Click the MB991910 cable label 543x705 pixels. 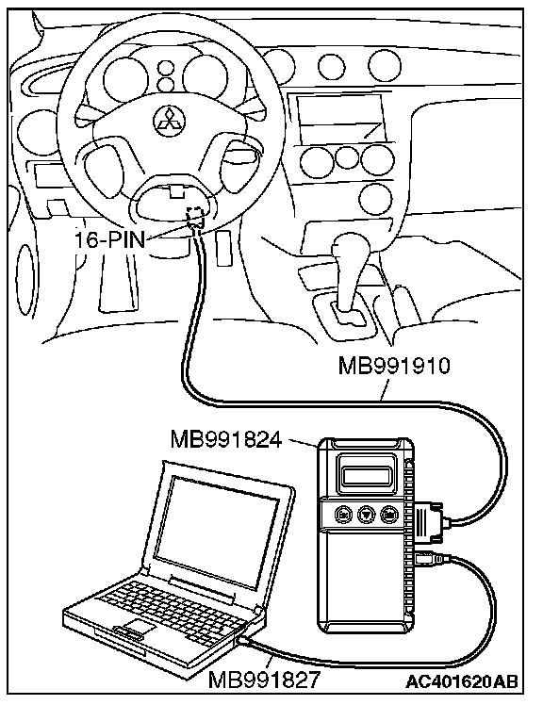click(x=394, y=366)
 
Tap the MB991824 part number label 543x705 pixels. click(x=226, y=439)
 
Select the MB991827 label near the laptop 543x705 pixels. click(x=264, y=679)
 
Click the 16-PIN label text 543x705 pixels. click(x=109, y=240)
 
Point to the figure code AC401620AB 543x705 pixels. click(x=462, y=681)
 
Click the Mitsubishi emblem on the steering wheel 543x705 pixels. click(x=169, y=120)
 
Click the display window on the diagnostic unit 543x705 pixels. click(x=366, y=475)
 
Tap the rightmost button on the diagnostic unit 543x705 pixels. click(x=389, y=515)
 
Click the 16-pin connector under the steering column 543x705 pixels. click(x=196, y=217)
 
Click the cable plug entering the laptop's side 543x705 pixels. click(x=246, y=641)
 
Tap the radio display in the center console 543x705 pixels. click(x=341, y=119)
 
